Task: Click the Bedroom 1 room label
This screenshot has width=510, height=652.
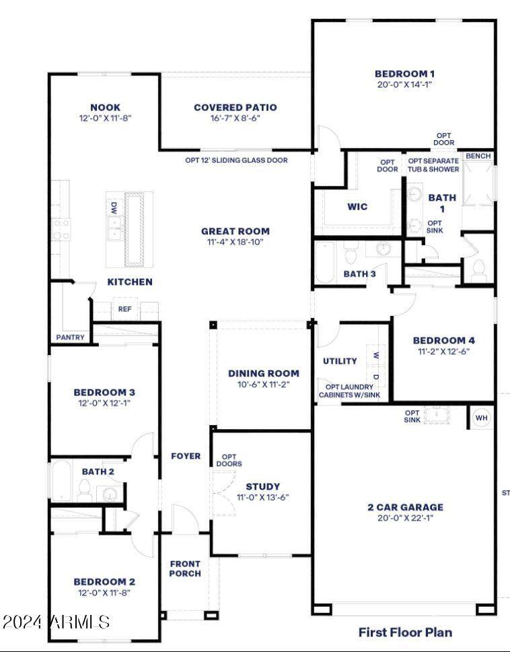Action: click(x=404, y=74)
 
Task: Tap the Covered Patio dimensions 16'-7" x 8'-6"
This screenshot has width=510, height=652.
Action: click(x=235, y=118)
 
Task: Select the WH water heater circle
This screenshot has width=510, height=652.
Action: click(x=482, y=418)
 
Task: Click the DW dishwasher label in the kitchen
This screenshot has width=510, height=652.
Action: click(x=114, y=208)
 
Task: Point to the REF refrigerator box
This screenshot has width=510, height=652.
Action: click(x=124, y=309)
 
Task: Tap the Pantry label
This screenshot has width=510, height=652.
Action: click(x=70, y=337)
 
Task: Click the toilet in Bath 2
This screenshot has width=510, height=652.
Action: click(x=84, y=489)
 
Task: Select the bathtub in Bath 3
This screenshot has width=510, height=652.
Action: click(x=324, y=263)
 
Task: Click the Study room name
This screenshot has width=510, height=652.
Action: click(x=263, y=486)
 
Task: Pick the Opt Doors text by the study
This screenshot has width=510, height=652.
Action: click(x=229, y=460)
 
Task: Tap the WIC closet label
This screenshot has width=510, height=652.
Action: click(x=357, y=207)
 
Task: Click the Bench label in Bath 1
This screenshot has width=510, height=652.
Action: click(x=478, y=156)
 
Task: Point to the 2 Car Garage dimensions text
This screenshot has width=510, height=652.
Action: click(x=405, y=518)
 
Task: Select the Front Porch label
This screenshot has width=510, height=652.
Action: click(x=185, y=568)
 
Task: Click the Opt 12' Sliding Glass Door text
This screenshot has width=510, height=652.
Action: click(x=236, y=160)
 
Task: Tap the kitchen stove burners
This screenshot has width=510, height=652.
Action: click(x=61, y=230)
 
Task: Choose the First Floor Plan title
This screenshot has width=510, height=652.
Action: click(x=405, y=632)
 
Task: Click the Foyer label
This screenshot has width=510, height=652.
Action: click(x=186, y=456)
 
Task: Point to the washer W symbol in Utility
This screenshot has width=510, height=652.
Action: click(x=376, y=356)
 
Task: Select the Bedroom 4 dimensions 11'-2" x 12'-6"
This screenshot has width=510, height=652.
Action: click(x=443, y=352)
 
